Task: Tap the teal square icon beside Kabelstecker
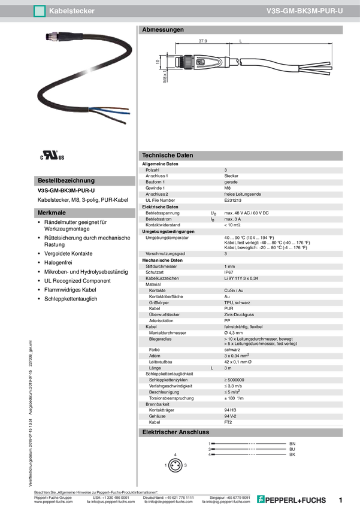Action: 40,11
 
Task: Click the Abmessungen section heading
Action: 162,29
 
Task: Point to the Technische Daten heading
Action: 167,155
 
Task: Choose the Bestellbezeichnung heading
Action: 66,180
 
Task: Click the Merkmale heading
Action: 52,213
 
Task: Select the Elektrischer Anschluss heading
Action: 175,432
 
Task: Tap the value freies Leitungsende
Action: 243,194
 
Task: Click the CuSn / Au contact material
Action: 234,290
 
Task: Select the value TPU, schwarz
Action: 238,303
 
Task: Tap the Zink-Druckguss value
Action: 239,315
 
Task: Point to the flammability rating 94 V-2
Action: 230,415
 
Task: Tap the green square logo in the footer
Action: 260,499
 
